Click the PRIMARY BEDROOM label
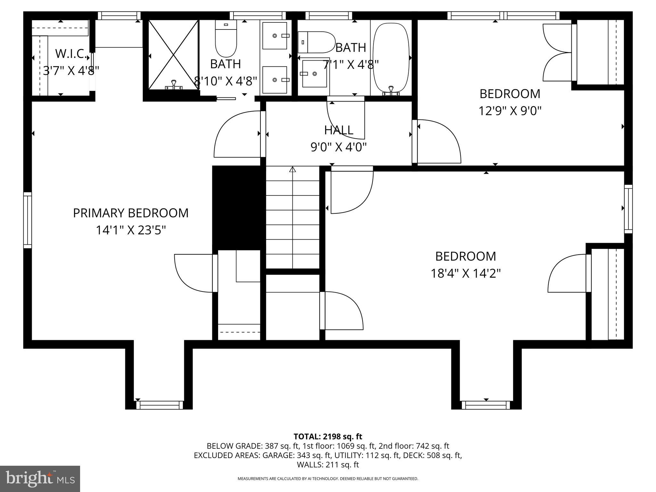click(131, 213)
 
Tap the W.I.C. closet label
click(71, 54)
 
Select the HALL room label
click(339, 130)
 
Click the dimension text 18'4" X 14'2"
click(465, 274)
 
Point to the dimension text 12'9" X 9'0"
click(510, 111)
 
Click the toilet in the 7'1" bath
click(316, 42)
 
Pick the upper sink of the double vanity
click(275, 36)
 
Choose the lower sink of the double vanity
click(275, 80)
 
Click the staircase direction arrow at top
click(292, 169)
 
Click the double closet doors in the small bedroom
click(557, 53)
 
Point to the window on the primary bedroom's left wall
click(28, 220)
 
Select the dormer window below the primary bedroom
click(160, 405)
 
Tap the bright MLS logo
click(40, 479)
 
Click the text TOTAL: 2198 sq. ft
click(328, 436)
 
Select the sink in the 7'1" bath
click(314, 73)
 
